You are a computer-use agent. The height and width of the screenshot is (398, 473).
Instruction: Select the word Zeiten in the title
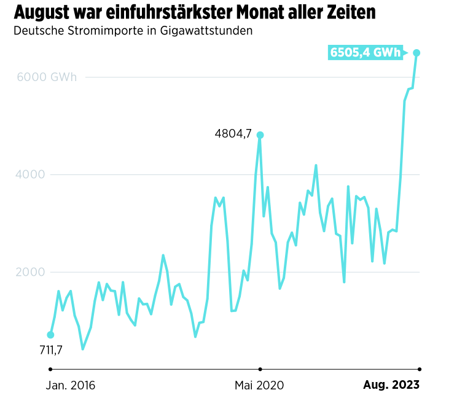coord(351,12)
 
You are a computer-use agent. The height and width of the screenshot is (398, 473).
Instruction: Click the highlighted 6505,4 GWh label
coord(365,53)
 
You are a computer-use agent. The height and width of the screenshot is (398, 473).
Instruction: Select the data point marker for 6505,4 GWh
coord(416,53)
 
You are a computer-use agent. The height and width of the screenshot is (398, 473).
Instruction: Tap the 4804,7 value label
coord(233,133)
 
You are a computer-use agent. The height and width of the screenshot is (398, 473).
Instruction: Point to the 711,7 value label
coord(50,351)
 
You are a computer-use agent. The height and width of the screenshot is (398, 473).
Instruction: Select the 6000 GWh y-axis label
coord(47,77)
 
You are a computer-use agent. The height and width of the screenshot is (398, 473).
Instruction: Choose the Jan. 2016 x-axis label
coord(71,386)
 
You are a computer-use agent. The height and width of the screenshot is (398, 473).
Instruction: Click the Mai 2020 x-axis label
coord(259,386)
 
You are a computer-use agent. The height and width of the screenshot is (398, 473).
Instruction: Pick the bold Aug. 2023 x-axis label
coord(391,386)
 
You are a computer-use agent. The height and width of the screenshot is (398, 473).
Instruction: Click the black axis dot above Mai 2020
coord(260,369)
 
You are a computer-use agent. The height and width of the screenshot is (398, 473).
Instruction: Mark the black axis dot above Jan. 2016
coord(50,369)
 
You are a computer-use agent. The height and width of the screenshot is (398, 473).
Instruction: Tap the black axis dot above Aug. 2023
coord(420,369)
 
